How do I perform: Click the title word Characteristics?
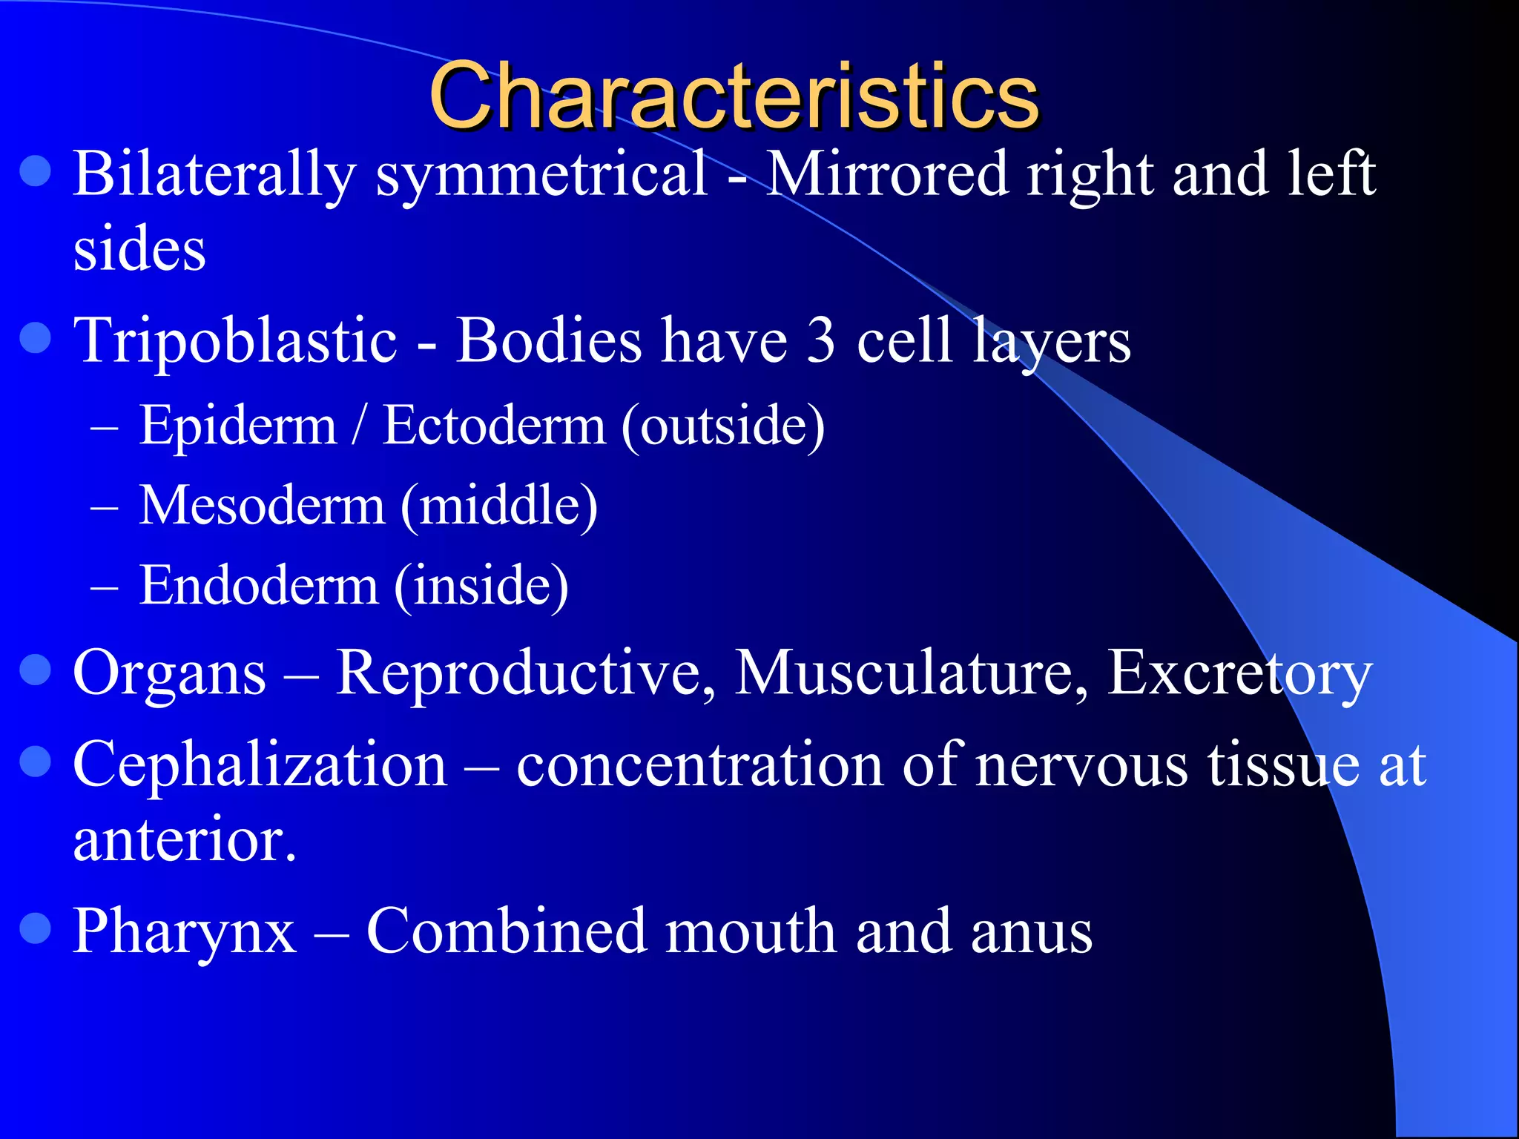pyautogui.click(x=734, y=96)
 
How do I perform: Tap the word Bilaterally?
pyautogui.click(x=214, y=175)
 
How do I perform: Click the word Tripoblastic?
pyautogui.click(x=235, y=341)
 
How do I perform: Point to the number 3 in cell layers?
pyautogui.click(x=820, y=341)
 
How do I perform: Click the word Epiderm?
pyautogui.click(x=238, y=426)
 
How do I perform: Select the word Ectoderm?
pyautogui.click(x=494, y=426)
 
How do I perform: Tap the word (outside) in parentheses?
pyautogui.click(x=723, y=426)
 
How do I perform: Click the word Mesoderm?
pyautogui.click(x=262, y=506)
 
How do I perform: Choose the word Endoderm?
pyautogui.click(x=259, y=586)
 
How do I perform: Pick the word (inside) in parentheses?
pyautogui.click(x=481, y=586)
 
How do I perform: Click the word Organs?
pyautogui.click(x=169, y=674)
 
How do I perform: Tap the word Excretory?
pyautogui.click(x=1239, y=674)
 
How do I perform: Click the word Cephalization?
pyautogui.click(x=260, y=766)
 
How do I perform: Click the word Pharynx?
pyautogui.click(x=184, y=932)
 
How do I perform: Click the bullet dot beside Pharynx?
pyautogui.click(x=35, y=928)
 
